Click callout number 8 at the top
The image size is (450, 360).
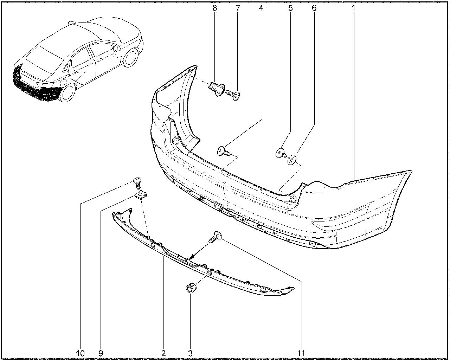215,8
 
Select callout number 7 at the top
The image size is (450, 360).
238,8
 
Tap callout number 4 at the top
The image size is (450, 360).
261,8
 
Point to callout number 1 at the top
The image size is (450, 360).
353,8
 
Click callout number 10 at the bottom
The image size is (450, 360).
80,353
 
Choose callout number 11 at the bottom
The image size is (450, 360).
301,353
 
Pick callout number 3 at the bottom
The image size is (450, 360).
190,353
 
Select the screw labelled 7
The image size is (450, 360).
233,95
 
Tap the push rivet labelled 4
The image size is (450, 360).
224,152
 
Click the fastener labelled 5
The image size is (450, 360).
281,153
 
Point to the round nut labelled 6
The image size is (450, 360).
292,160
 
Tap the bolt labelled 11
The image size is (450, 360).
216,237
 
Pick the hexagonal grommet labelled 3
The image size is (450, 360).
190,288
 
